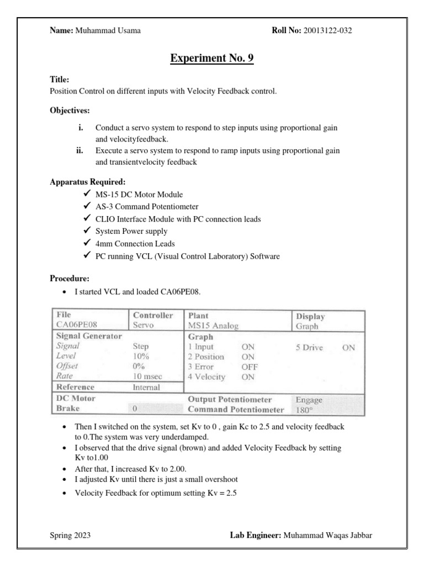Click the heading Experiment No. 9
pyautogui.click(x=211, y=58)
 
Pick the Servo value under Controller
pyautogui.click(x=143, y=326)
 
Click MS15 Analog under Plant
pyautogui.click(x=213, y=326)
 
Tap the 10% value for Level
pyautogui.click(x=142, y=356)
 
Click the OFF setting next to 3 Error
pyautogui.click(x=250, y=366)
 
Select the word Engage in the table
pyautogui.click(x=309, y=400)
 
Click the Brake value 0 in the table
pyautogui.click(x=134, y=409)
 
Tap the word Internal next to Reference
pyautogui.click(x=146, y=387)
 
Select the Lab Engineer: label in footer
pyautogui.click(x=255, y=535)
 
